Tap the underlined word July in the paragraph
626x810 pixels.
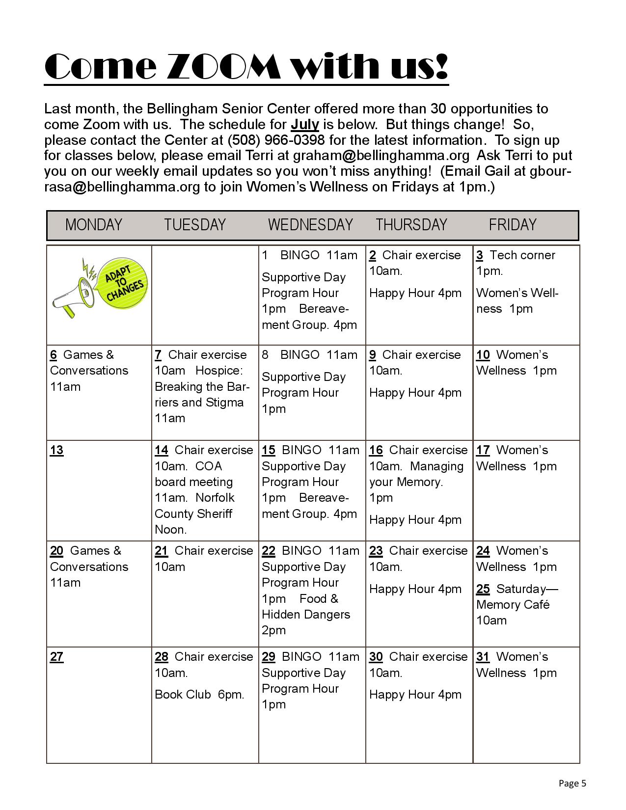(x=304, y=124)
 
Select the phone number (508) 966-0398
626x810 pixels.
(x=276, y=140)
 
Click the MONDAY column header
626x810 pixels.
(x=93, y=225)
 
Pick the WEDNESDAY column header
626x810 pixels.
(x=310, y=225)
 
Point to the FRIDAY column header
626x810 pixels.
(x=512, y=225)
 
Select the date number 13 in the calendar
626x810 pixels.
(x=56, y=450)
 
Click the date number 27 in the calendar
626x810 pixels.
(x=56, y=657)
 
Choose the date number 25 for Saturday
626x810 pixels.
(x=483, y=589)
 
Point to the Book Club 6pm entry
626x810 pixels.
(x=199, y=695)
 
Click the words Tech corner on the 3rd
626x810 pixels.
(x=522, y=255)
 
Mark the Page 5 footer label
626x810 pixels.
(x=572, y=783)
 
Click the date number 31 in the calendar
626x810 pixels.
(x=483, y=657)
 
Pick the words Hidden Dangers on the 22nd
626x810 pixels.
(x=306, y=615)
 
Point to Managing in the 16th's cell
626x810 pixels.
(x=436, y=466)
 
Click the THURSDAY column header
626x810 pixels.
(x=411, y=225)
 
